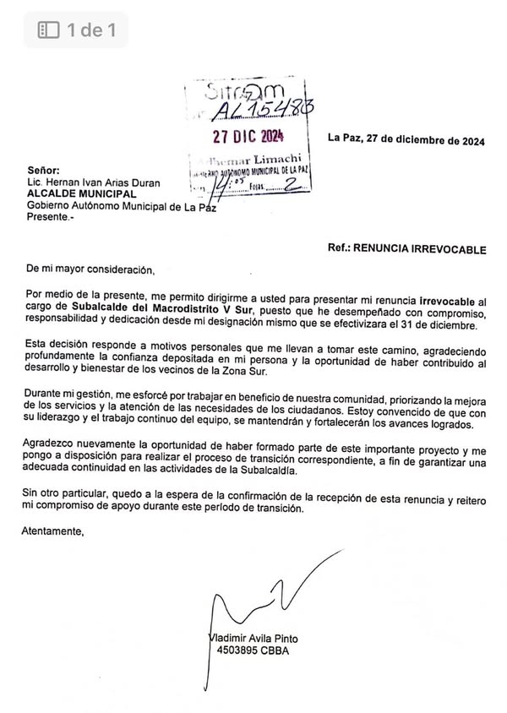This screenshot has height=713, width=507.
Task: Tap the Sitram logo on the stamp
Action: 243,93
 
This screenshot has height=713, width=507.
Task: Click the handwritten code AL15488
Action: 254,110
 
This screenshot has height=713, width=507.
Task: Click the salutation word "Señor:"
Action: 44,169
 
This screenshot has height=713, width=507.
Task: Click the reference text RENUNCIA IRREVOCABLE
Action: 419,250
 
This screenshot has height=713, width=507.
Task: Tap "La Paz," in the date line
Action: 344,139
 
